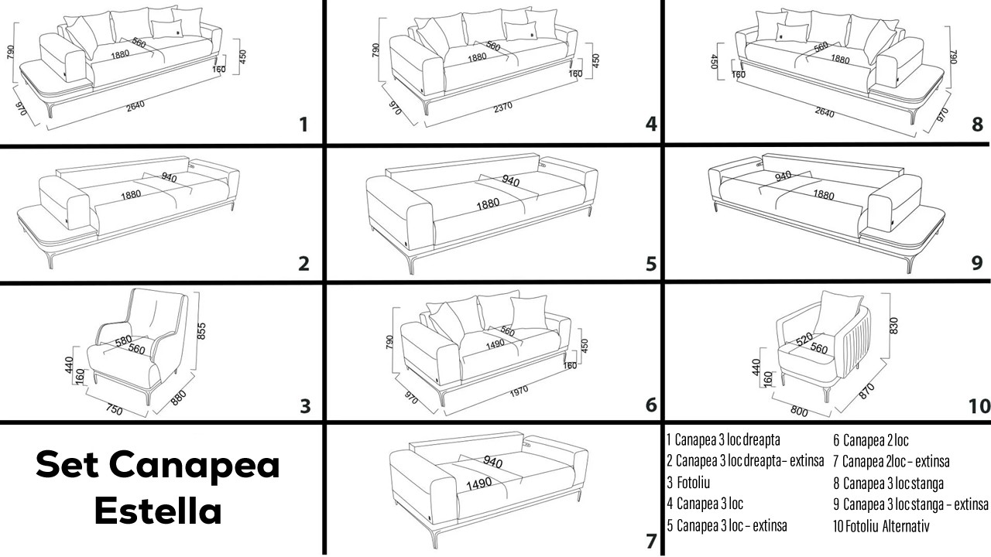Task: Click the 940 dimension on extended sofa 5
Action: [x=510, y=181]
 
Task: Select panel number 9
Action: [x=977, y=263]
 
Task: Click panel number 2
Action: [x=303, y=264]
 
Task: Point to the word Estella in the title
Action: [x=157, y=511]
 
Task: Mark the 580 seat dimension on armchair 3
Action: [x=123, y=340]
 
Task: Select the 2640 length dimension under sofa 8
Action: [x=825, y=113]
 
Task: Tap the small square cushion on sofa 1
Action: [x=166, y=29]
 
